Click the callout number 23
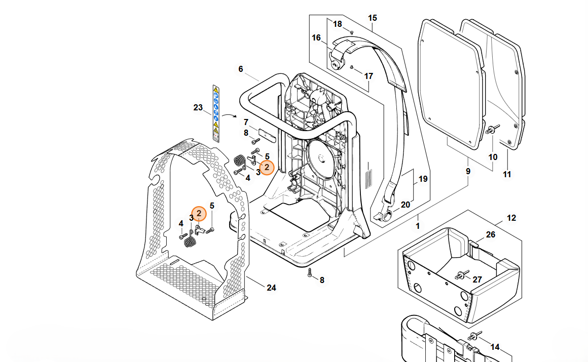point(198,107)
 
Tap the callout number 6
point(240,69)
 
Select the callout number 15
point(373,18)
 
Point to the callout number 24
point(272,288)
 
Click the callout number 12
point(511,218)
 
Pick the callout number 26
point(491,234)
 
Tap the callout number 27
point(477,279)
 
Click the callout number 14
point(495,347)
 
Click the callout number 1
point(418,226)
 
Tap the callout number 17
point(369,76)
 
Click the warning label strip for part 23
point(216,112)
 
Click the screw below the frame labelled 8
point(310,273)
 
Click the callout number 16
point(316,38)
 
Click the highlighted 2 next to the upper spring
point(267,167)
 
